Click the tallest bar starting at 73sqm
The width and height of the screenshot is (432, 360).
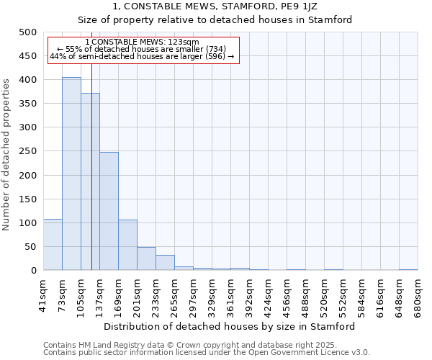pyautogui.click(x=71, y=174)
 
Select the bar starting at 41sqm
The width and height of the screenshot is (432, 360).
pyautogui.click(x=53, y=245)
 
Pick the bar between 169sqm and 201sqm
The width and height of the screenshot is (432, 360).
pyautogui.click(x=127, y=245)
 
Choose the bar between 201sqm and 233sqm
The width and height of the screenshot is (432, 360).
pyautogui.click(x=146, y=258)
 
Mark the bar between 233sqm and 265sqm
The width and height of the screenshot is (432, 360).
pyautogui.click(x=165, y=263)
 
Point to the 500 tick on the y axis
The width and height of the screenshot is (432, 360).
pyautogui.click(x=28, y=32)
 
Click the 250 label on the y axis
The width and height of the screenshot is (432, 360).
pyautogui.click(x=28, y=151)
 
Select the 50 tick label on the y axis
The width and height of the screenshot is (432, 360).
pyautogui.click(x=30, y=247)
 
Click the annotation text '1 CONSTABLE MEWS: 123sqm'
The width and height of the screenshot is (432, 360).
pyautogui.click(x=142, y=42)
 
